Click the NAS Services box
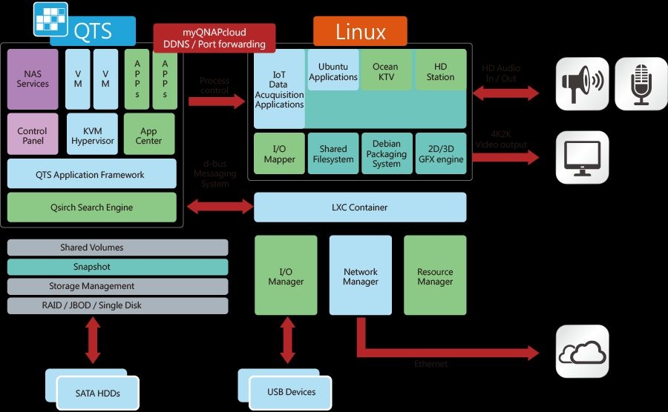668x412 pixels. (33, 79)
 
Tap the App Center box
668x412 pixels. (149, 135)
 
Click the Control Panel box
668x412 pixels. (33, 135)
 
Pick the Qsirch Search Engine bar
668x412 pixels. (92, 207)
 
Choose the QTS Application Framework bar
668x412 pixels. (92, 174)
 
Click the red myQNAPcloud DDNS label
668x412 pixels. (214, 39)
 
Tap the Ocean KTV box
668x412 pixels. (385, 72)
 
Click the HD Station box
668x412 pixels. (440, 72)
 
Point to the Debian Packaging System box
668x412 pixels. (386, 153)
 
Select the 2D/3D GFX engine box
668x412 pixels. (440, 153)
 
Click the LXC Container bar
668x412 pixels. (360, 207)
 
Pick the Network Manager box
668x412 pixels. (360, 276)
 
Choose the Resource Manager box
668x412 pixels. (435, 276)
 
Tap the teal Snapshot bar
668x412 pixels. (117, 267)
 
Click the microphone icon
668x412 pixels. (641, 84)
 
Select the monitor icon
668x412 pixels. (583, 157)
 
